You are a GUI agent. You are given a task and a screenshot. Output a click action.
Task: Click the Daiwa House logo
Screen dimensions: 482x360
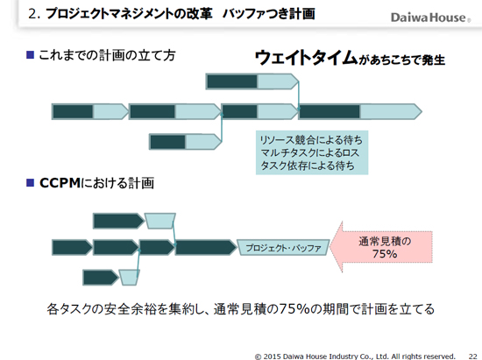coord(430,18)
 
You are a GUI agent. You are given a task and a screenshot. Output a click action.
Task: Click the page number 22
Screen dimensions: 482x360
coord(472,356)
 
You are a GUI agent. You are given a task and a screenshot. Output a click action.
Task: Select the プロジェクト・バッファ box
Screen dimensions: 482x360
coord(283,248)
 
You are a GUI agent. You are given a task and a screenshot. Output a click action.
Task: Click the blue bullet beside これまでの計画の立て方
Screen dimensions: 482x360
coord(30,55)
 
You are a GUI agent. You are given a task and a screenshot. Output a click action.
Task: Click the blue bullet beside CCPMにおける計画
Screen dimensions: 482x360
coord(30,183)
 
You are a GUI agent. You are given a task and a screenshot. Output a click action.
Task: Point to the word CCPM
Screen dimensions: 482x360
coord(60,183)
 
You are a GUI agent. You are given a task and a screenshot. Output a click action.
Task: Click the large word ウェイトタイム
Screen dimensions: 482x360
coord(306,57)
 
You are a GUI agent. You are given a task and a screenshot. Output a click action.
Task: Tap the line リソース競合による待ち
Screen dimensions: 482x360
coord(311,140)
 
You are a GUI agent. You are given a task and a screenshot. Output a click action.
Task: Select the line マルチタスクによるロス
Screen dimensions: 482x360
coord(309,153)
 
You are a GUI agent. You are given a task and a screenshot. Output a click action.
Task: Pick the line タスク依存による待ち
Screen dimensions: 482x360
coord(308,166)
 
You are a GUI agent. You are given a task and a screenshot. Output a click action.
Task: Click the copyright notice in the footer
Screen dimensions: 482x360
coord(355,356)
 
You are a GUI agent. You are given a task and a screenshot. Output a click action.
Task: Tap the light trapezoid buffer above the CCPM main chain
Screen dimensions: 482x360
coord(160,221)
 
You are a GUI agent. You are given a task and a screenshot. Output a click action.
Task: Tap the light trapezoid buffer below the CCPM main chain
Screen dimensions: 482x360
coord(129,278)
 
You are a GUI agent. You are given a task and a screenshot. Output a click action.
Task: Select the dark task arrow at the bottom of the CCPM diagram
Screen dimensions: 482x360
coord(101,278)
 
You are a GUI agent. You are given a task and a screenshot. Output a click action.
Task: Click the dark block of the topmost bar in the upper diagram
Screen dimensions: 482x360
coord(232,81)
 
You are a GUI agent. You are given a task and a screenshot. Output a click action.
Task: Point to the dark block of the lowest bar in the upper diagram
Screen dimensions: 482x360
coord(168,142)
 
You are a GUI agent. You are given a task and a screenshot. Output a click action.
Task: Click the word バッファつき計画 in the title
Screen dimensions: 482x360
coord(269,14)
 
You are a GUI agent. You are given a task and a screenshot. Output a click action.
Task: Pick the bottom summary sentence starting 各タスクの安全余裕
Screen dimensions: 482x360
coord(240,308)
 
